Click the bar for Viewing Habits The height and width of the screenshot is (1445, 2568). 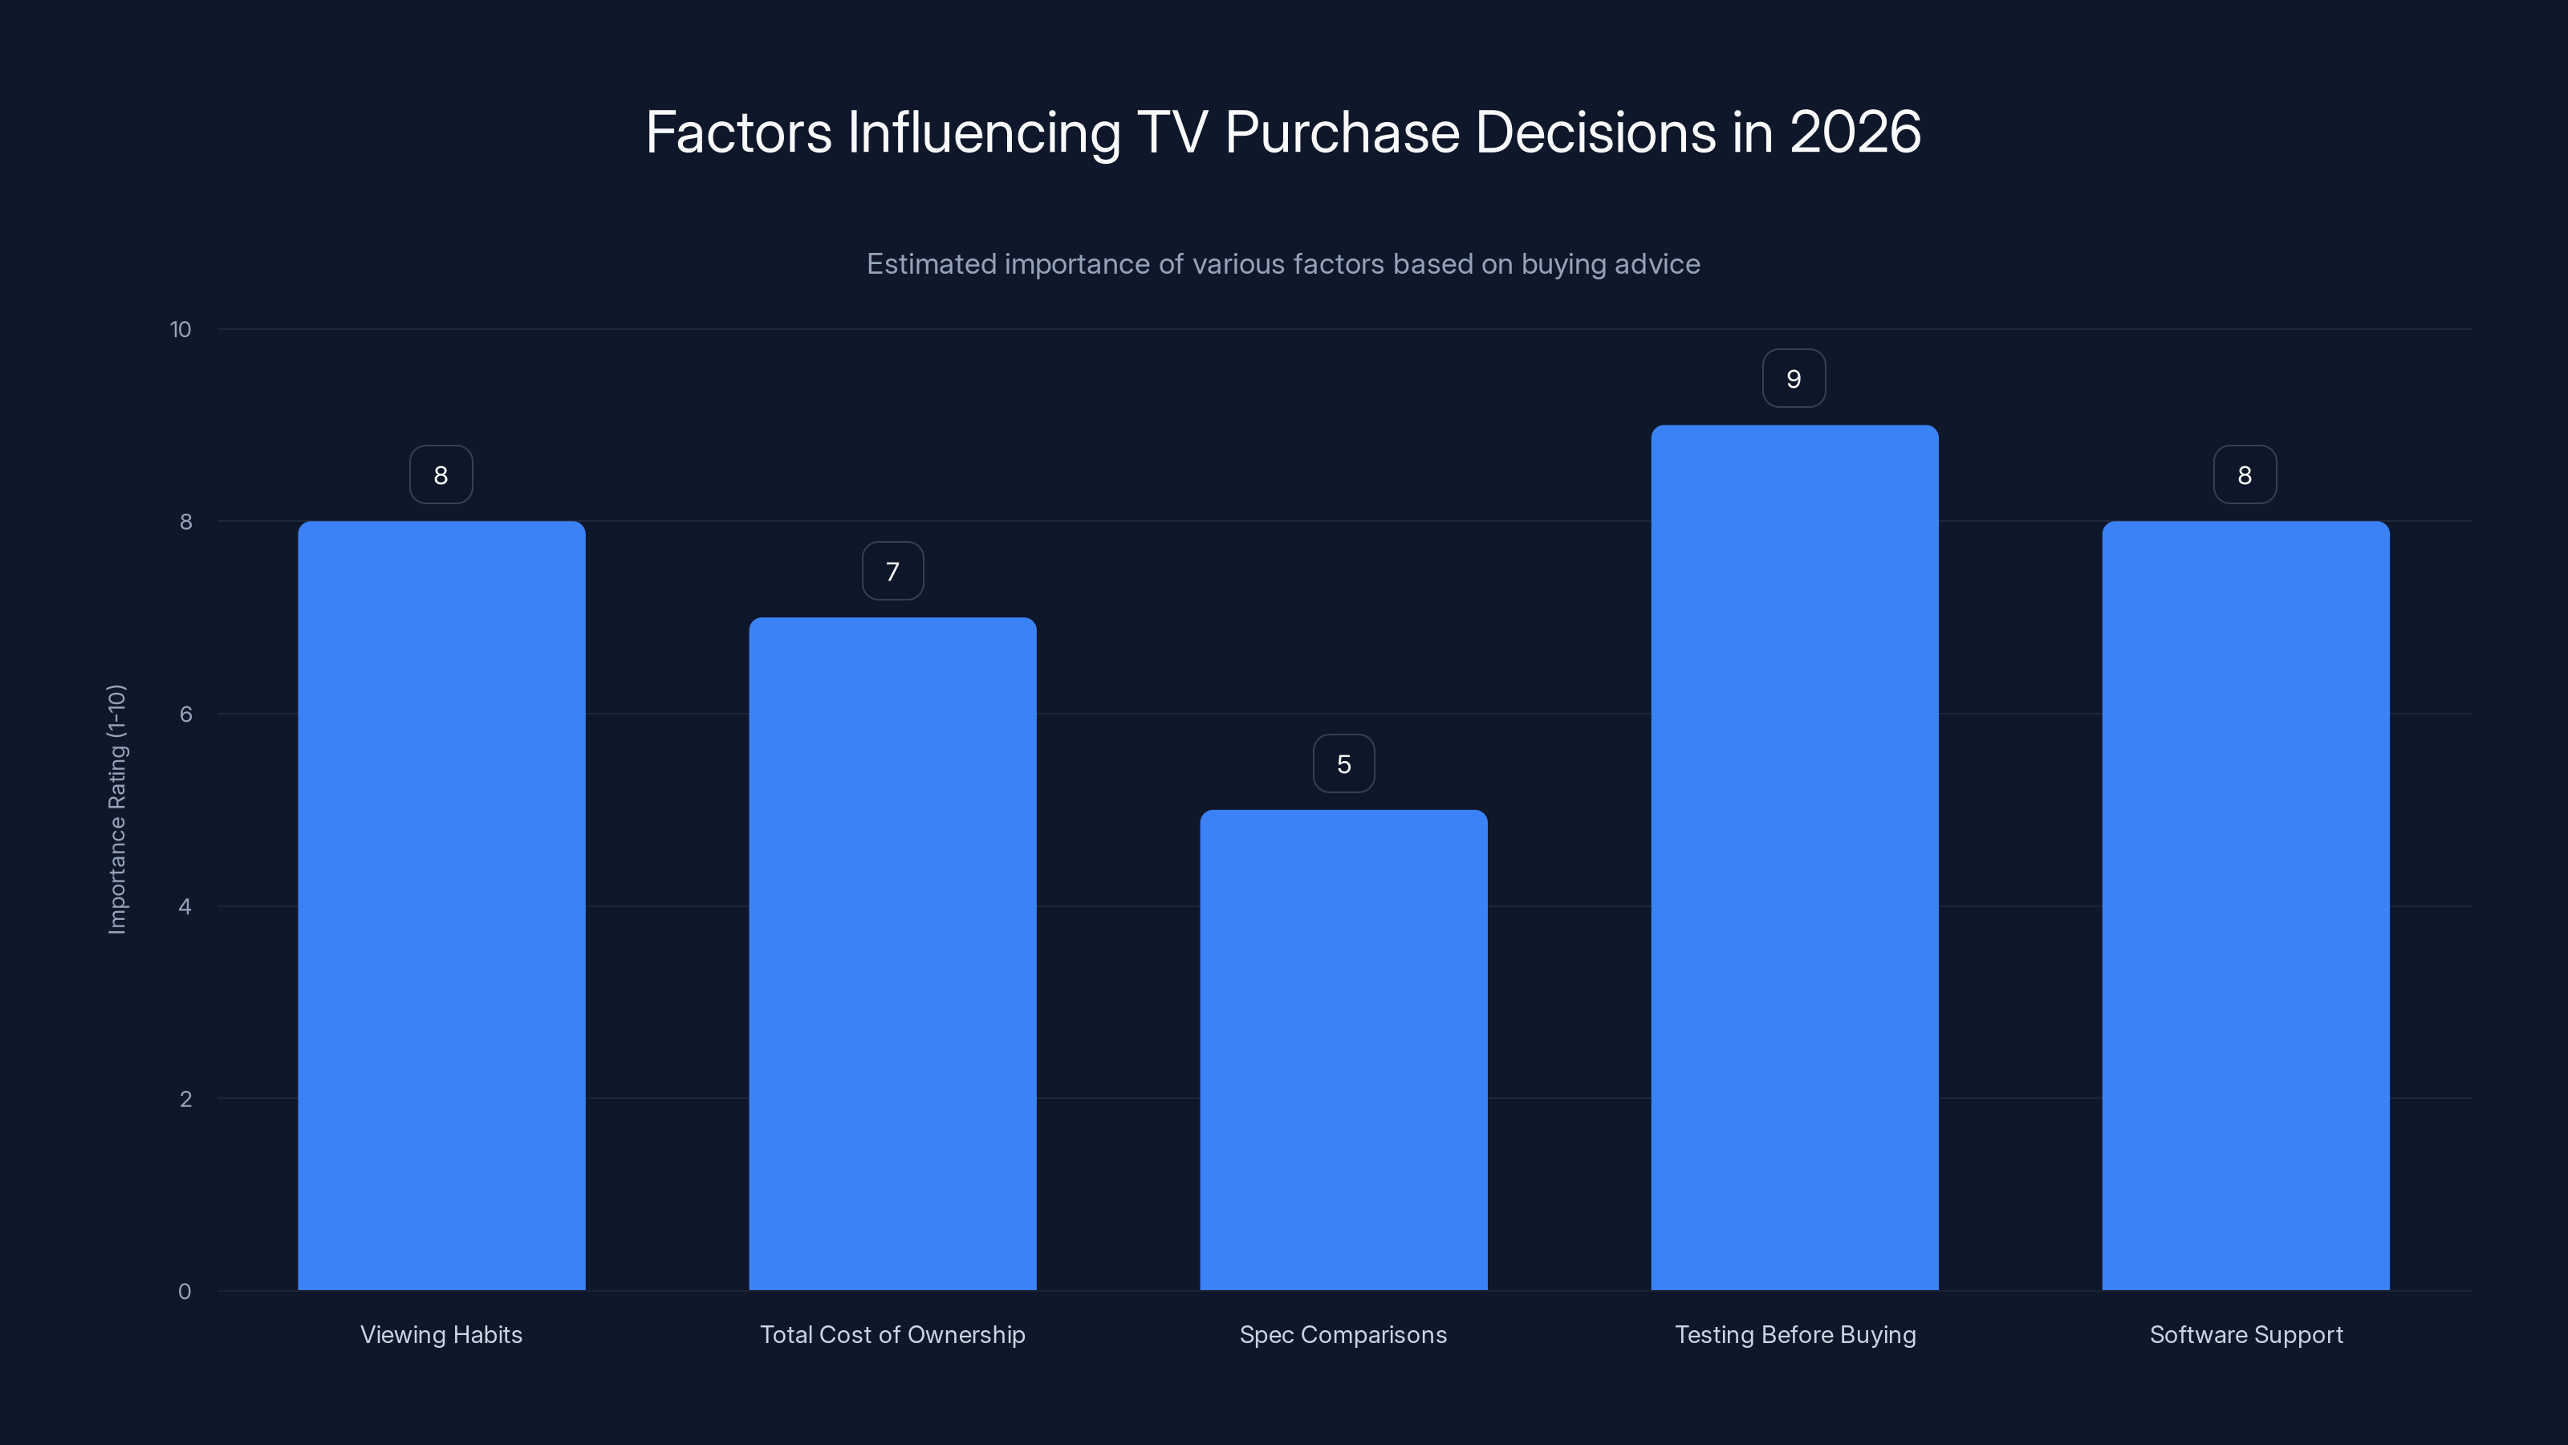click(441, 906)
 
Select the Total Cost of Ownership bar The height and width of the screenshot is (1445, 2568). click(892, 954)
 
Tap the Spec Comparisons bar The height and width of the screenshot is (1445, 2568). click(1343, 1049)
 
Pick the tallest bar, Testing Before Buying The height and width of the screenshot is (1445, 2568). click(1794, 857)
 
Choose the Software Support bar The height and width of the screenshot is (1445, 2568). click(2245, 906)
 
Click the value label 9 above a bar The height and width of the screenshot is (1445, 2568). click(1794, 379)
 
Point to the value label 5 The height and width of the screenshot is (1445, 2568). click(1343, 764)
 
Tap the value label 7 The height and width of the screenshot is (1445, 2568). click(892, 572)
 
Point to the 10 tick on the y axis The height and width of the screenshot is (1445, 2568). click(181, 329)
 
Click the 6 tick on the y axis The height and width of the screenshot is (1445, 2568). click(185, 714)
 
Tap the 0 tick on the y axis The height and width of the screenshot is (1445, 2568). click(185, 1292)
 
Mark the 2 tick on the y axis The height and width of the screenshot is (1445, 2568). click(185, 1099)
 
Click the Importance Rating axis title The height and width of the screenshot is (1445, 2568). click(116, 808)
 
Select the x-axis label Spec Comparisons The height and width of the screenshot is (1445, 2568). click(1343, 1334)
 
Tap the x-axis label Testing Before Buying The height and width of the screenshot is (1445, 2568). click(1794, 1334)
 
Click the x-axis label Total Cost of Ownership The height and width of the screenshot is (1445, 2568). click(892, 1334)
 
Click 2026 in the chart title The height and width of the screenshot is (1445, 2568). click(1855, 132)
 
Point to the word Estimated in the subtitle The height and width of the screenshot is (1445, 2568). click(930, 264)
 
